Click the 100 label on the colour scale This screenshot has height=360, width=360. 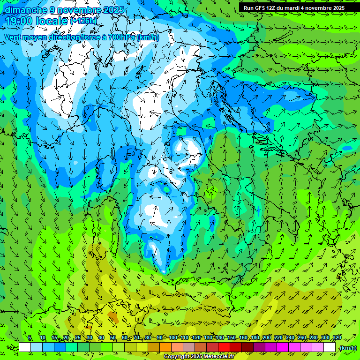[172, 338]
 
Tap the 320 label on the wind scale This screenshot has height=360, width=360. [337, 338]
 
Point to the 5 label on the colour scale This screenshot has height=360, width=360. [30, 338]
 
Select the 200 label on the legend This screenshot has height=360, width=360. [266, 338]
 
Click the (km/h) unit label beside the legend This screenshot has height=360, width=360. [348, 348]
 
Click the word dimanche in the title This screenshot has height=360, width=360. [24, 10]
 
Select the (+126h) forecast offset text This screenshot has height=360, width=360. [83, 21]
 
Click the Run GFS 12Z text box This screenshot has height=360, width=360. [294, 7]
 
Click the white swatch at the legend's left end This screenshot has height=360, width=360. [25, 347]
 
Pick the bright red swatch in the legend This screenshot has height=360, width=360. [224, 347]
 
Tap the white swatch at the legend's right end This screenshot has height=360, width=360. [330, 347]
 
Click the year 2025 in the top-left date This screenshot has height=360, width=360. [115, 10]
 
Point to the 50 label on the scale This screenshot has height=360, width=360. [113, 338]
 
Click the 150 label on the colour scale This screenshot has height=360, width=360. [231, 338]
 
